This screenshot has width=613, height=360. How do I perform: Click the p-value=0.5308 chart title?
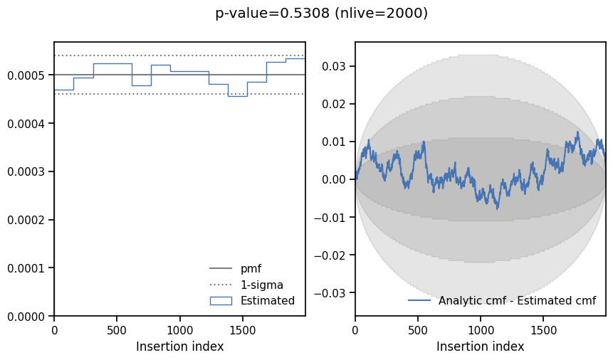321,14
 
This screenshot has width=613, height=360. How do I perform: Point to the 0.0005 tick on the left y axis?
27,75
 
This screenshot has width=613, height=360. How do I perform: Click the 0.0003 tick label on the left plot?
27,171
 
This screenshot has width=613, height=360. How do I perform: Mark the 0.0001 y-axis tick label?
27,268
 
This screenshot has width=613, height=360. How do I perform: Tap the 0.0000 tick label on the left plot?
27,316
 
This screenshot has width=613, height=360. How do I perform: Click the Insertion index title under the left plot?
179,347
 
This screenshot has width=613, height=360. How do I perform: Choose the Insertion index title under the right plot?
480,347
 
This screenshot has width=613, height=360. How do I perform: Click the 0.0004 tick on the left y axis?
27,124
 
